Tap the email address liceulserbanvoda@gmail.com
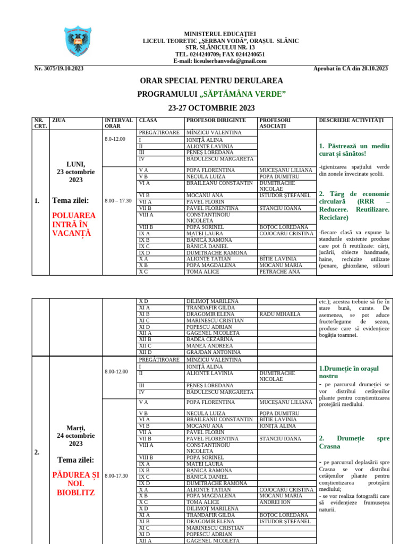(x=220, y=61)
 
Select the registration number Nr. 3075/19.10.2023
(x=58, y=69)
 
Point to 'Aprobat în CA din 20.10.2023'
(x=351, y=69)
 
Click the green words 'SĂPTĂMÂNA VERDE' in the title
(x=242, y=94)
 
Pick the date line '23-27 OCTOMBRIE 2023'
(x=211, y=108)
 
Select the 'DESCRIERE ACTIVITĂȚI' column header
(x=351, y=121)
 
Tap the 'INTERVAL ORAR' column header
(x=118, y=123)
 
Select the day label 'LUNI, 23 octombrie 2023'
(x=75, y=172)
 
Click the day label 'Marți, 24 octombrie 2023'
(x=75, y=436)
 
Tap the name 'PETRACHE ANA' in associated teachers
(x=279, y=271)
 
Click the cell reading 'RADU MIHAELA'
(x=280, y=314)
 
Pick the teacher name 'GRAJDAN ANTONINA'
(x=213, y=352)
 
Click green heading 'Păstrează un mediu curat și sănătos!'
(x=354, y=149)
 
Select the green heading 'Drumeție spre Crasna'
(x=354, y=442)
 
